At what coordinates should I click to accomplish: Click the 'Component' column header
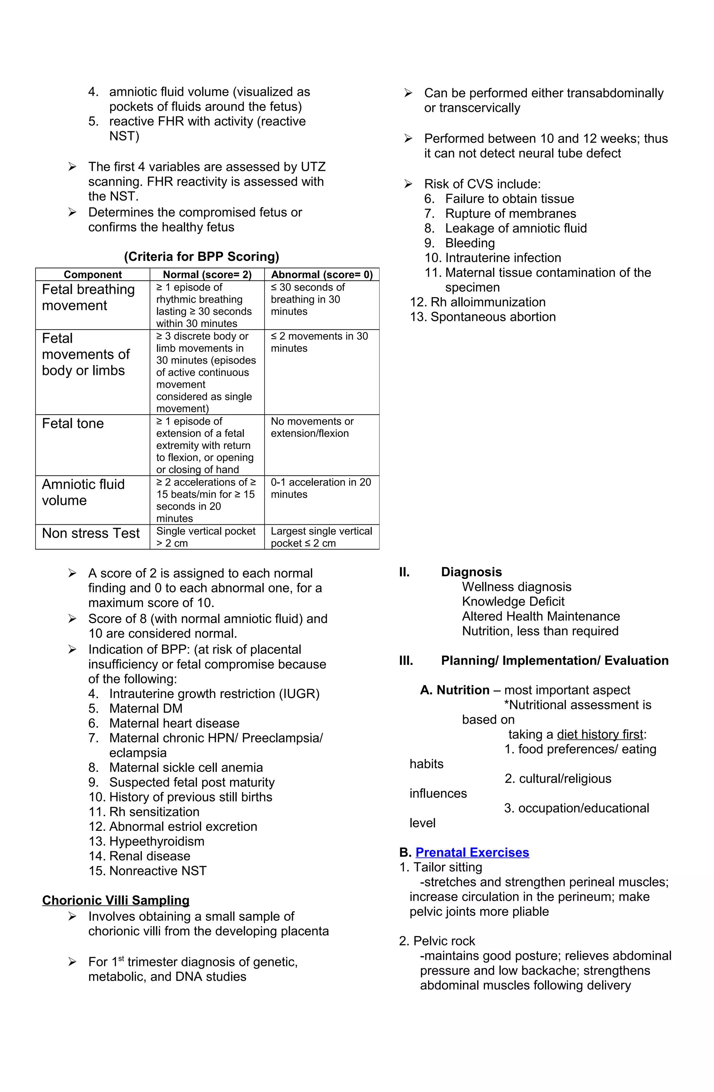93,274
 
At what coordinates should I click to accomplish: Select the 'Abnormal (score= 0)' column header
322,274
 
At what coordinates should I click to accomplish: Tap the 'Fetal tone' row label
73,424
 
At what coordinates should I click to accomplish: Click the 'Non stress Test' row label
91,533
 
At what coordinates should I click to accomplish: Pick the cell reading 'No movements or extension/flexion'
312,427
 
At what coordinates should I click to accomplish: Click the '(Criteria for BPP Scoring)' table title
202,257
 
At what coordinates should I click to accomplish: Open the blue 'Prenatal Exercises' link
472,852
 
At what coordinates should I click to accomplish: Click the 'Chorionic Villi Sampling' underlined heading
116,900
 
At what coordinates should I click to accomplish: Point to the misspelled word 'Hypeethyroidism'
157,841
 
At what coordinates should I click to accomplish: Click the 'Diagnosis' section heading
471,572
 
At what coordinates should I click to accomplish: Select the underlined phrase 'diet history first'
600,735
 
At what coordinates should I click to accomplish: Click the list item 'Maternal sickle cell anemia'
186,768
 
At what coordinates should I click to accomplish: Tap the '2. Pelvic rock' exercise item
437,941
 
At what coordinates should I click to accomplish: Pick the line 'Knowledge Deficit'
513,601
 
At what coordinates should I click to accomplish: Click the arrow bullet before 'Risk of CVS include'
408,184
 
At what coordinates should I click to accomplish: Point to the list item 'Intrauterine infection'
503,258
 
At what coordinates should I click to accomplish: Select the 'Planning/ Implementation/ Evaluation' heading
554,661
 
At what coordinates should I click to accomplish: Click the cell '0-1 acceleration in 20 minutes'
320,488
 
